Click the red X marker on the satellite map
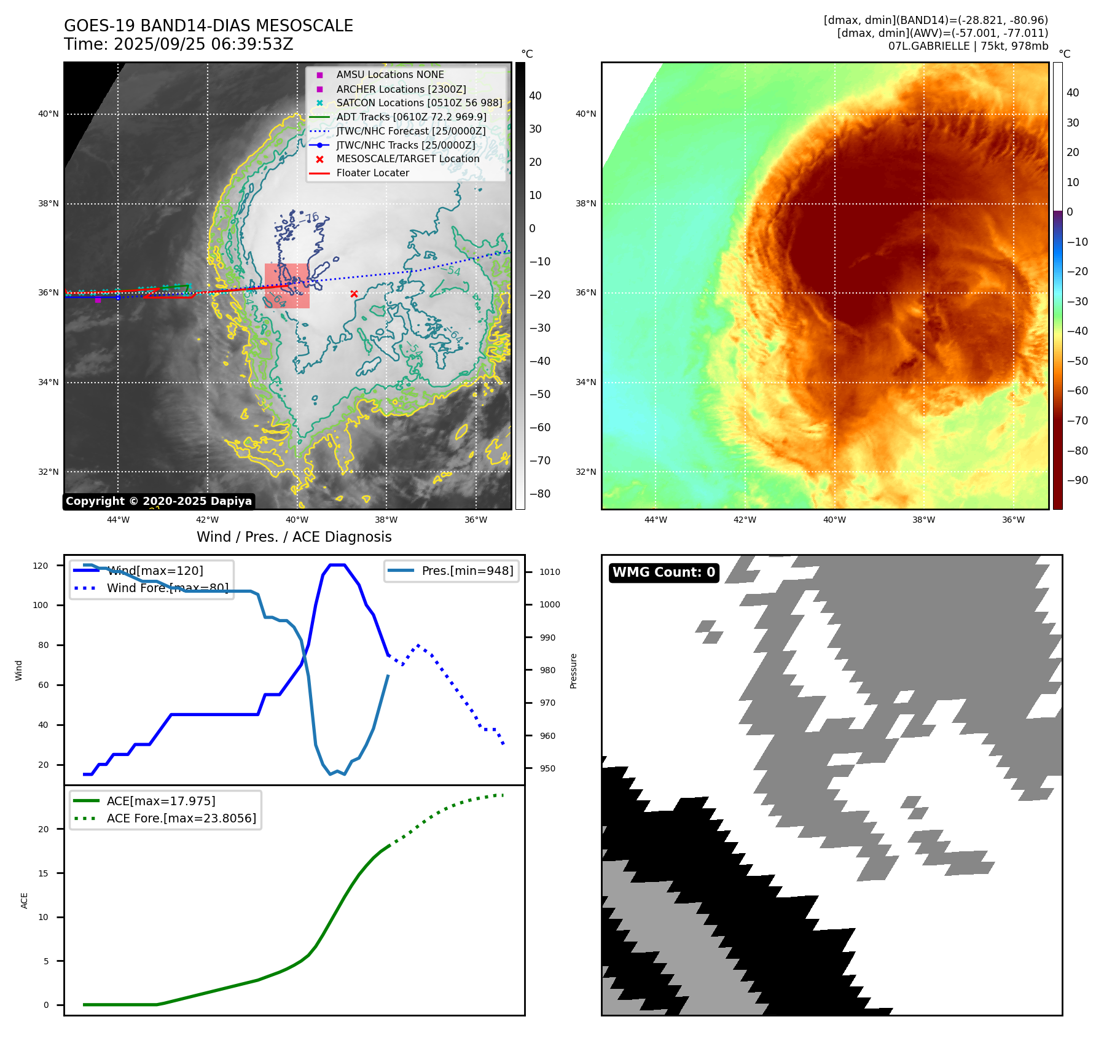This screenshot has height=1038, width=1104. click(354, 294)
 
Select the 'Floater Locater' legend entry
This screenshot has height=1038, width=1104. click(372, 173)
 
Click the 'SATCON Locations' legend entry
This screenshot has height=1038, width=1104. click(419, 103)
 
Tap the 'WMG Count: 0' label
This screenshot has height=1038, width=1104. click(664, 572)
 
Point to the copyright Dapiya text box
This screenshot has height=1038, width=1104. click(159, 501)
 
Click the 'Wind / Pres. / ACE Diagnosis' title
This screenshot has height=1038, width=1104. click(294, 537)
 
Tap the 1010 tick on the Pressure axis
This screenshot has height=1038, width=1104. click(549, 572)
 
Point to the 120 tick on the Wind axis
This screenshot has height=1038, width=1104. click(41, 566)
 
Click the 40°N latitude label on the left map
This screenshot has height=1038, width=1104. click(49, 114)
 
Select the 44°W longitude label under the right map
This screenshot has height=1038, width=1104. click(656, 520)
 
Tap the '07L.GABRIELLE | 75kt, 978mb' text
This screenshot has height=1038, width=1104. click(968, 46)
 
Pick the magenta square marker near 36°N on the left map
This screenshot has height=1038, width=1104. click(98, 300)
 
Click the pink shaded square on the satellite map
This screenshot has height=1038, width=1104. click(287, 286)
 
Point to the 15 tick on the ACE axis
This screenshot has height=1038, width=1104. click(43, 873)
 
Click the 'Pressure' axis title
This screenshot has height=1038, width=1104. click(573, 671)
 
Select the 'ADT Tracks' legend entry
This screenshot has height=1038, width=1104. click(410, 117)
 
